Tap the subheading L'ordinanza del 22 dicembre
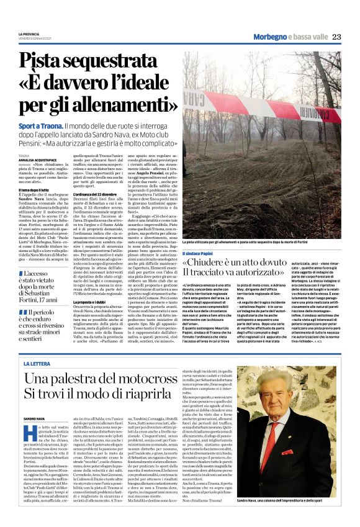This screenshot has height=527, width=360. coord(96,195)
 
